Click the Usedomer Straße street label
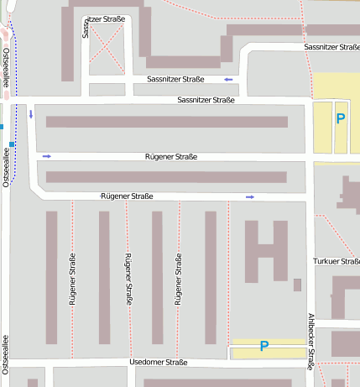click(159, 363)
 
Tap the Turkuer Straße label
click(336, 262)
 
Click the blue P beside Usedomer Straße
click(263, 346)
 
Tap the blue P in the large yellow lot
click(340, 119)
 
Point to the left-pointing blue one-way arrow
click(228, 80)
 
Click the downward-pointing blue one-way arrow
click(31, 113)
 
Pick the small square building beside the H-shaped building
click(297, 285)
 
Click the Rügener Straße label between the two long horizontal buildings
click(171, 157)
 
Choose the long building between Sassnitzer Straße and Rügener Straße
click(166, 122)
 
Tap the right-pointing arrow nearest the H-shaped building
click(250, 197)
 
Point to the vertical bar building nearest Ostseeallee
click(51, 277)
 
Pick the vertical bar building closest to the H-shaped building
click(211, 277)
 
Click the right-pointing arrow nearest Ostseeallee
click(47, 156)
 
